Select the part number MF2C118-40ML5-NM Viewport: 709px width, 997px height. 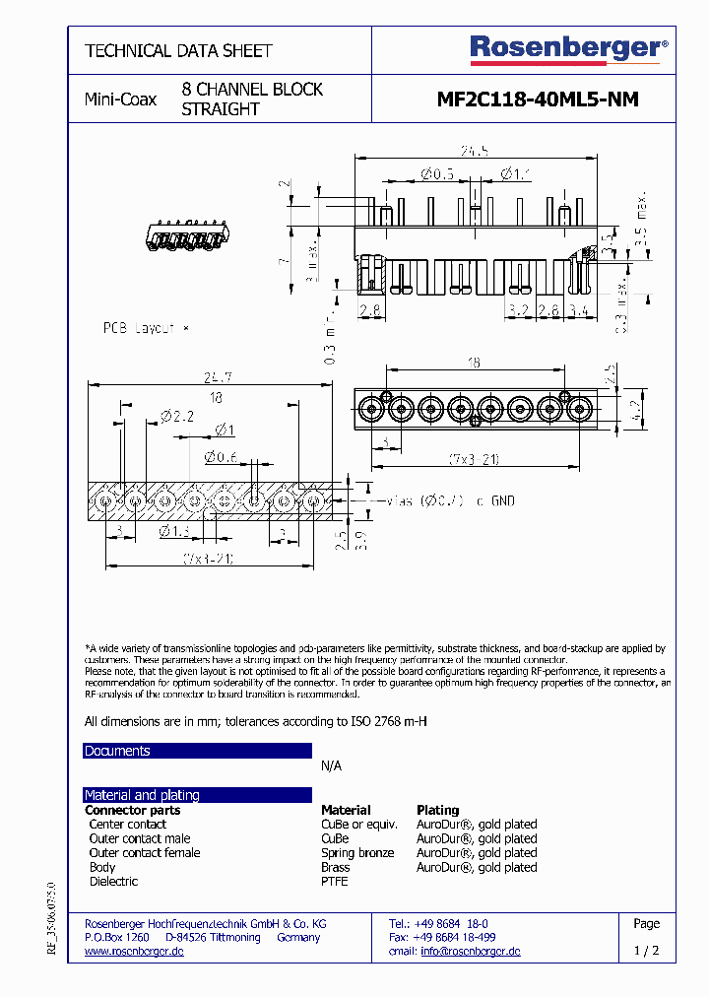click(537, 100)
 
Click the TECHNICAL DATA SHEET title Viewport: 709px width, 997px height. click(178, 50)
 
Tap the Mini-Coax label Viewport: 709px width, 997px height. click(120, 100)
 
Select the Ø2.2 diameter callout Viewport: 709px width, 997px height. click(178, 417)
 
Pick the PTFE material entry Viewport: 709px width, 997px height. click(335, 882)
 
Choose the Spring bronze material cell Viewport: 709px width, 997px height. click(357, 853)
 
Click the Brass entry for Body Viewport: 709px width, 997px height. click(336, 868)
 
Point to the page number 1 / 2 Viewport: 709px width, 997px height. click(647, 952)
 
